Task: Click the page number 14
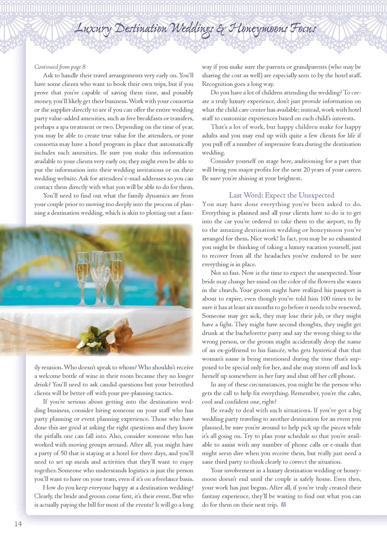(18, 524)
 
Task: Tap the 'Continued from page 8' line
(60, 67)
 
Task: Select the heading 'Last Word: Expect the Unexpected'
(281, 195)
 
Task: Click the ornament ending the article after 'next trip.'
(283, 505)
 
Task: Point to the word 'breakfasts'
(149, 118)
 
